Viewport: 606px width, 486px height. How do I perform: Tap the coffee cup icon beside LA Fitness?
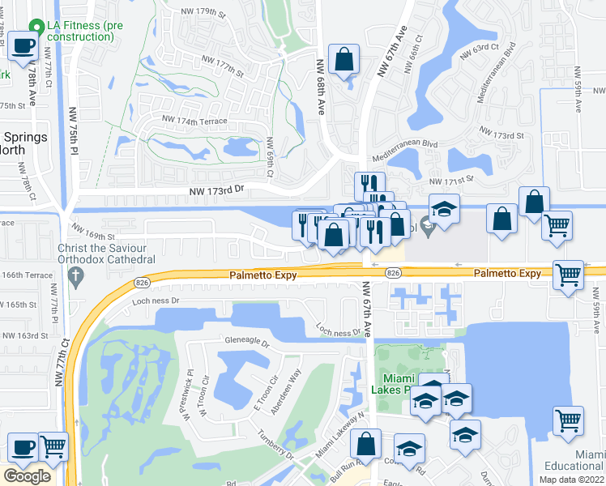click(23, 45)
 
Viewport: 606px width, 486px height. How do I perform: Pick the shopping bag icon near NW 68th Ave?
click(344, 60)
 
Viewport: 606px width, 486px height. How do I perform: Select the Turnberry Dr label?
click(275, 443)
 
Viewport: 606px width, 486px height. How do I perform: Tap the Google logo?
click(27, 476)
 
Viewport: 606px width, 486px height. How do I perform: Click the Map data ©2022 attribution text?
click(572, 480)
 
